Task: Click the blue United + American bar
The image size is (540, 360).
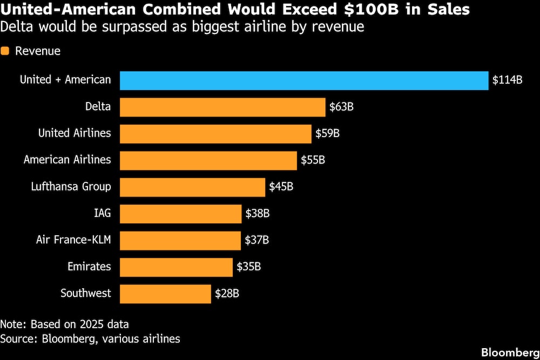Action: (x=304, y=80)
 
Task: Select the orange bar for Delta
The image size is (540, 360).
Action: (x=222, y=107)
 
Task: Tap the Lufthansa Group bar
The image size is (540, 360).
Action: (x=192, y=187)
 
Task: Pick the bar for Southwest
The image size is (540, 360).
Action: (x=165, y=294)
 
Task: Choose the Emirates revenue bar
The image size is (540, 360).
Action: (x=176, y=267)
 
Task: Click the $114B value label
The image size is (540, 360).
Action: (x=507, y=80)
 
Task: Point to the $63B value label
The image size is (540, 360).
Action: (x=341, y=107)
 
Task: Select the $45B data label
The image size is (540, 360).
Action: (x=281, y=187)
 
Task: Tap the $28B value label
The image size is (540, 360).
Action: (x=227, y=294)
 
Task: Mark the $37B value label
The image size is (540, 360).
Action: (x=256, y=240)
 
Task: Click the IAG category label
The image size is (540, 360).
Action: (x=102, y=213)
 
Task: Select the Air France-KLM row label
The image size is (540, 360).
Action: (x=73, y=240)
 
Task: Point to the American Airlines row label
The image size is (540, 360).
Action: (x=67, y=160)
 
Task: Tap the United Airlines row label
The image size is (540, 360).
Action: (x=75, y=133)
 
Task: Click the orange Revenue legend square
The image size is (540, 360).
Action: (x=6, y=51)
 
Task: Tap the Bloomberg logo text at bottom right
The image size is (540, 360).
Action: (x=509, y=352)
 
